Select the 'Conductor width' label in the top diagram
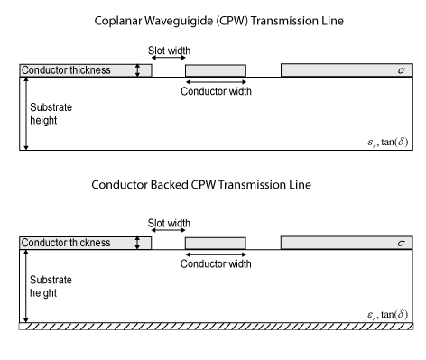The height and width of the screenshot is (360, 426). pyautogui.click(x=216, y=91)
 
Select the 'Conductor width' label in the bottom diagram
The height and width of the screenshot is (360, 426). pyautogui.click(x=216, y=264)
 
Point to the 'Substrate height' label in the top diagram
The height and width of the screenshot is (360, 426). pyautogui.click(x=51, y=113)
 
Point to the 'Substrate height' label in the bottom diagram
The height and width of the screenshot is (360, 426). pyautogui.click(x=51, y=286)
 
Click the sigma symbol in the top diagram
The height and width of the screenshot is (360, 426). pyautogui.click(x=398, y=70)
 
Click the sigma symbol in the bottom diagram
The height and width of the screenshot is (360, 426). pyautogui.click(x=398, y=243)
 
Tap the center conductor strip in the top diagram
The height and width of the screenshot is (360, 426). pyautogui.click(x=215, y=70)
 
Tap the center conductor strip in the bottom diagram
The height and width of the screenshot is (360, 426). pyautogui.click(x=215, y=243)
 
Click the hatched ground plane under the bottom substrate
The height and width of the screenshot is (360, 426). pyautogui.click(x=214, y=325)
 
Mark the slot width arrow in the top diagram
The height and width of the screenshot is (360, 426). pyautogui.click(x=169, y=60)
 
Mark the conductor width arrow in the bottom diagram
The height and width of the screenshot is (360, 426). pyautogui.click(x=215, y=254)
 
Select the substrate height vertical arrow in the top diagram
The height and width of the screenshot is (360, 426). pyautogui.click(x=26, y=113)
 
